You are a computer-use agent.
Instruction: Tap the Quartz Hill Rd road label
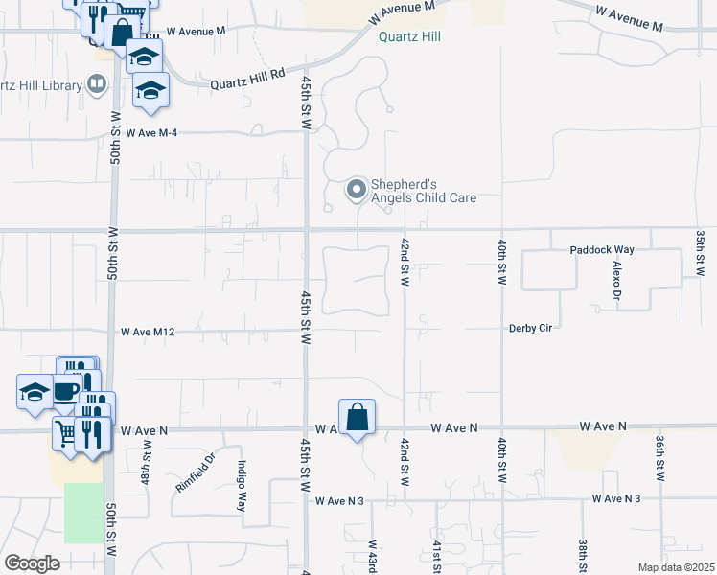(250, 75)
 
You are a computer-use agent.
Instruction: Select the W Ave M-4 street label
(150, 132)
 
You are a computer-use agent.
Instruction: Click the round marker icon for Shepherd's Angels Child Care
(357, 190)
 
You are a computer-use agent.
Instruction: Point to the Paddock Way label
(602, 250)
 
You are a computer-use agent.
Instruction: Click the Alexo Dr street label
(618, 277)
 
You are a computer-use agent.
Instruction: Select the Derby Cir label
(531, 328)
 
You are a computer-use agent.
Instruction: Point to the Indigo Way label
(242, 485)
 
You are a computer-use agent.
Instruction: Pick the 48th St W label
(147, 462)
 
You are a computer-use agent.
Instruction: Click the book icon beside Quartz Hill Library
(96, 85)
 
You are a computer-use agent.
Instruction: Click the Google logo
(32, 563)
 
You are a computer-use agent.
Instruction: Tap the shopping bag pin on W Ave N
(357, 417)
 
